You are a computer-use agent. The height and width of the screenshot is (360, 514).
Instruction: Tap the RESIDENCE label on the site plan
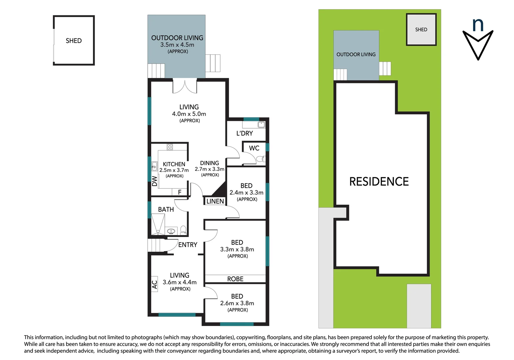click(x=379, y=182)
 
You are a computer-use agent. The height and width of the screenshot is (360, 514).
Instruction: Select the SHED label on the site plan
click(x=421, y=30)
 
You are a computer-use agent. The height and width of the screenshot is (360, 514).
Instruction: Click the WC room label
click(x=254, y=148)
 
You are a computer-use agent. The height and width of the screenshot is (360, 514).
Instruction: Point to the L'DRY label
click(x=245, y=133)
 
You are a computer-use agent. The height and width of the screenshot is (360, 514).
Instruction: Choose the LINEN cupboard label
click(x=215, y=201)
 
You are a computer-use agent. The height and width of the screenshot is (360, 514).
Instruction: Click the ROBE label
click(x=235, y=279)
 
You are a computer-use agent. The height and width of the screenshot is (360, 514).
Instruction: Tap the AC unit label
click(x=155, y=284)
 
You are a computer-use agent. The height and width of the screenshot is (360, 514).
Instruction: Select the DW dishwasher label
click(x=155, y=181)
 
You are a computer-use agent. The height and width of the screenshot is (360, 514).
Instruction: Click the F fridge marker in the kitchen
click(x=180, y=192)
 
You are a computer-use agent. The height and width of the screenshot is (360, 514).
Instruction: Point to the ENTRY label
click(x=188, y=245)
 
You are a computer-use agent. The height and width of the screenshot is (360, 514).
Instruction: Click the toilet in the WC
click(x=260, y=159)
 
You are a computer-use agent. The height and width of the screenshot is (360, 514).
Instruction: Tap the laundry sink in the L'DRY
click(x=261, y=125)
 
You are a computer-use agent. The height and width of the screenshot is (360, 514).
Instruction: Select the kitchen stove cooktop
click(x=170, y=147)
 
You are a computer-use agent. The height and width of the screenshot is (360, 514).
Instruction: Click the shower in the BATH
click(x=158, y=224)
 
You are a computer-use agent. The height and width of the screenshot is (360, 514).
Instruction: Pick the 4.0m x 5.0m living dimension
click(x=189, y=114)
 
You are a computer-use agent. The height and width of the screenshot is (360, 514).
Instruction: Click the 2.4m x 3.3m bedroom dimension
click(x=246, y=193)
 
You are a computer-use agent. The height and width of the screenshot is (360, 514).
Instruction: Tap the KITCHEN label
click(x=174, y=164)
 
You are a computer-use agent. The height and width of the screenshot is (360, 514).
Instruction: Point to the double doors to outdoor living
click(x=185, y=86)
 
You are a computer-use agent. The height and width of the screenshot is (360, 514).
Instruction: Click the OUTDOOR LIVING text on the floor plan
click(x=177, y=38)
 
